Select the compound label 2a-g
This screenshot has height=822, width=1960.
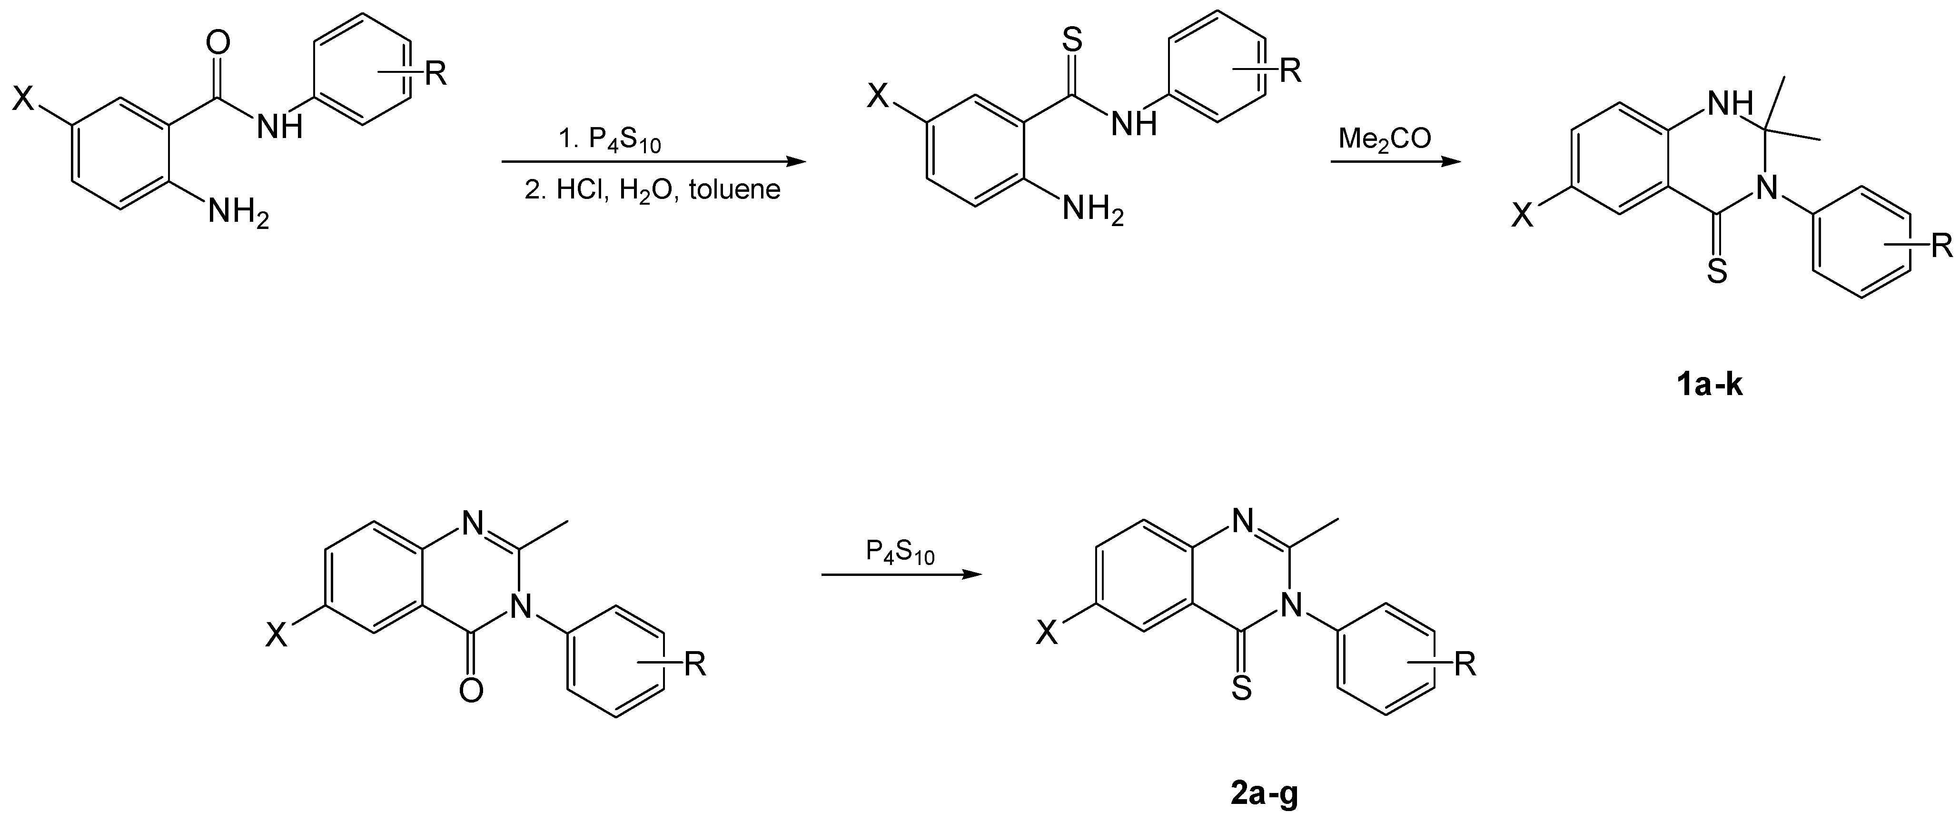point(1264,794)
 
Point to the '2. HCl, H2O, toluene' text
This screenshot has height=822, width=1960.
point(652,189)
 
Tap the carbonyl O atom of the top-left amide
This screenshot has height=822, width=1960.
point(218,43)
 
